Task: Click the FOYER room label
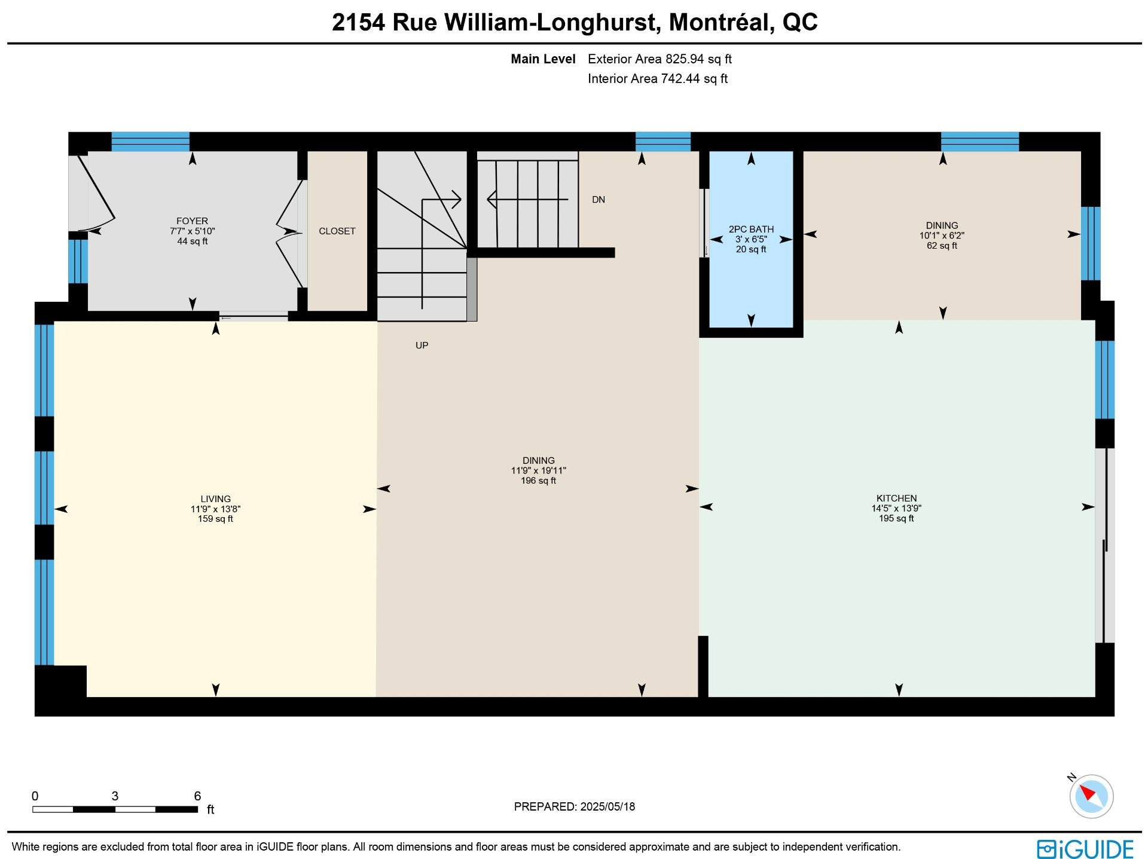click(192, 221)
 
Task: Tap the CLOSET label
click(337, 231)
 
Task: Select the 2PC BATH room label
click(751, 230)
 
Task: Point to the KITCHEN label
click(896, 499)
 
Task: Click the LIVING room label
click(215, 499)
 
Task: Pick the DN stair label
click(599, 200)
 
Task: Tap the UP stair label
click(422, 346)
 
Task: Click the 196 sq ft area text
click(538, 481)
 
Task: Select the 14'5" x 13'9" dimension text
click(896, 509)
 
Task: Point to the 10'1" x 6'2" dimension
click(942, 236)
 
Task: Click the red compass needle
click(1088, 793)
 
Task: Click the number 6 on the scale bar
click(197, 796)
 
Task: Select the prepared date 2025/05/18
click(607, 807)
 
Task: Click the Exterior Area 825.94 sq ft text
click(660, 59)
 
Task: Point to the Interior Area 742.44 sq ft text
click(658, 79)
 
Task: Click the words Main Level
click(543, 59)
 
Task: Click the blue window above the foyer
click(151, 142)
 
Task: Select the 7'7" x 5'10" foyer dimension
click(192, 231)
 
